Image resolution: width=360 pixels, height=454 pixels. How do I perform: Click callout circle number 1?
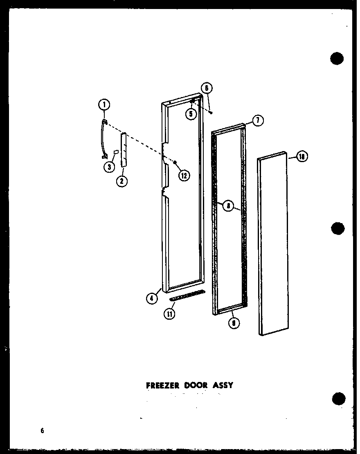(x=104, y=105)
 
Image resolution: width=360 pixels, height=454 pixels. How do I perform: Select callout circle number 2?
(x=122, y=181)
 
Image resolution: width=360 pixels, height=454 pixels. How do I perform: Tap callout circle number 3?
(x=109, y=166)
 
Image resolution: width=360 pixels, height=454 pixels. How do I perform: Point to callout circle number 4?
(x=152, y=298)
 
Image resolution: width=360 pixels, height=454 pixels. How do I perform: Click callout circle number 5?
(x=191, y=114)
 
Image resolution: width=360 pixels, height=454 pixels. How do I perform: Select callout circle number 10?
(x=302, y=157)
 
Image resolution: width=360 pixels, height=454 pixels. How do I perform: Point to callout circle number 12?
(x=183, y=175)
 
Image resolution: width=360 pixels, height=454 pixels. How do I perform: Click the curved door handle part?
(x=102, y=139)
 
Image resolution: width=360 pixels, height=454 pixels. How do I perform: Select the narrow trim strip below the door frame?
(x=187, y=294)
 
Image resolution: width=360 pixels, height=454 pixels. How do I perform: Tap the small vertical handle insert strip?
(x=123, y=149)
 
